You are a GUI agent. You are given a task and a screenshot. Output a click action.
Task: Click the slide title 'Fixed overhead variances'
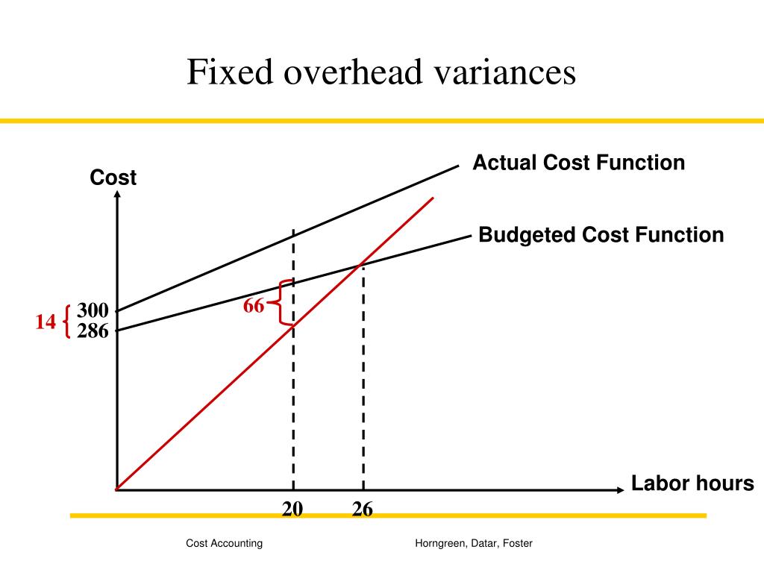point(381,73)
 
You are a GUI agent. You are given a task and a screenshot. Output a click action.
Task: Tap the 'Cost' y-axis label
point(113,178)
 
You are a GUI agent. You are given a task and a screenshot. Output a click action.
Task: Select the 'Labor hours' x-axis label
point(692,483)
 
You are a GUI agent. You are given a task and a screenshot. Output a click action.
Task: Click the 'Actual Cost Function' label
point(578,163)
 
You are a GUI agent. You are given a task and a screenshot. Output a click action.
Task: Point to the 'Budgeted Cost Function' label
point(601,235)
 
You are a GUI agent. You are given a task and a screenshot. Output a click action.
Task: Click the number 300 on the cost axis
point(93,311)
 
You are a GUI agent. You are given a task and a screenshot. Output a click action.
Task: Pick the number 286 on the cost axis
point(93,330)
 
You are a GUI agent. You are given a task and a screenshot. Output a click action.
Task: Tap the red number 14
point(46,322)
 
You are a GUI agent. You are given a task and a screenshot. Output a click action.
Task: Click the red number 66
point(254,306)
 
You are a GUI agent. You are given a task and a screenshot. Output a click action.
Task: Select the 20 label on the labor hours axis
point(292,509)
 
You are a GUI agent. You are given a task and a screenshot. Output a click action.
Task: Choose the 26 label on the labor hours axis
point(363,509)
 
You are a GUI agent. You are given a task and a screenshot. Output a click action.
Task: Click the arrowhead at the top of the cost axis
point(117,195)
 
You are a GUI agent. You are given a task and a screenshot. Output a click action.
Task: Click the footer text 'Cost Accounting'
point(224,543)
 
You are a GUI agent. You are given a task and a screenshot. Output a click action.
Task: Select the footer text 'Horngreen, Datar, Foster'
point(474,543)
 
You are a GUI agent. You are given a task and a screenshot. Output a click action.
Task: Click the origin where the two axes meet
point(117,490)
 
